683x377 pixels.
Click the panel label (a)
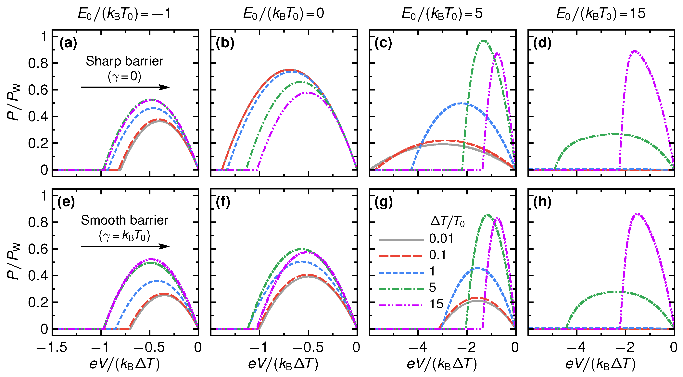coord(68,43)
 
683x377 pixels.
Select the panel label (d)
coord(542,43)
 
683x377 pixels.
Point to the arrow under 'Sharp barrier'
coord(125,87)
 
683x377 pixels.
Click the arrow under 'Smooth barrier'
coord(125,247)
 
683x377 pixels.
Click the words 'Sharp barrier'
coord(124,61)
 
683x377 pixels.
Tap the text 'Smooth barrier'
coord(124,220)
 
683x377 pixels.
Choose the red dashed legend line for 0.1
coord(401,256)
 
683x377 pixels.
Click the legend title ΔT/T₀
coord(447,221)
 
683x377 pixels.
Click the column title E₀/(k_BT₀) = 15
coord(601,14)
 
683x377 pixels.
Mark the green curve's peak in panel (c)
coord(484,41)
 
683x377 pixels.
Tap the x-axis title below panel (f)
coord(283,364)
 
